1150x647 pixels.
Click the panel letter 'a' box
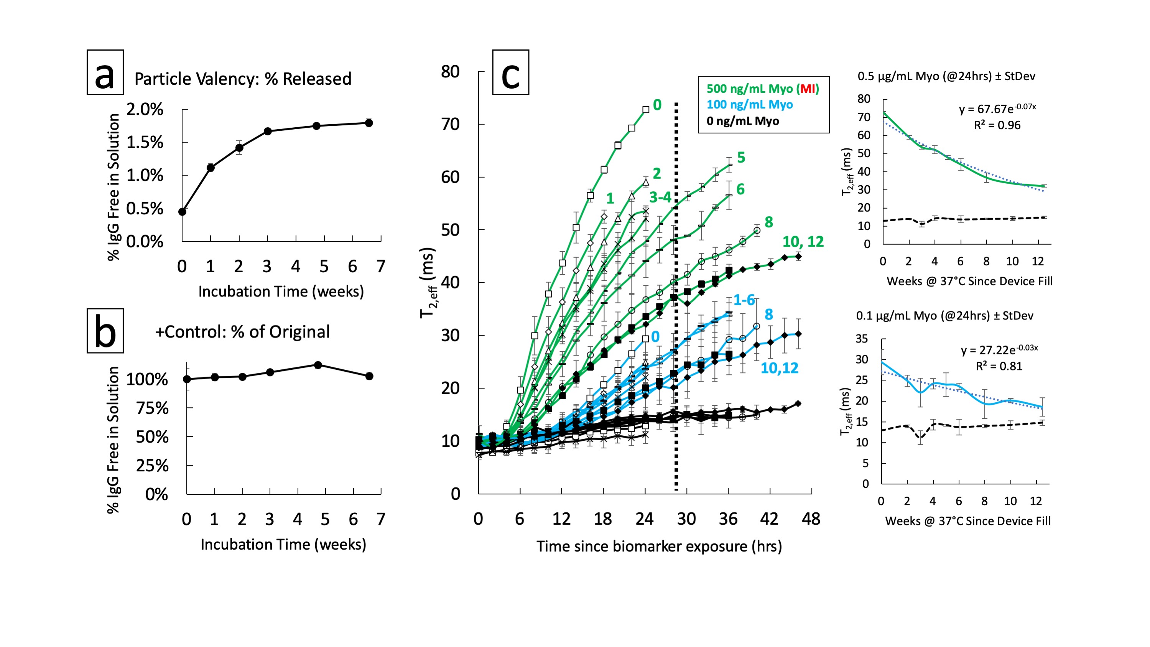coord(105,72)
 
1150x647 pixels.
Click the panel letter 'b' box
coord(105,331)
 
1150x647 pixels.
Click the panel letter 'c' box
coord(510,72)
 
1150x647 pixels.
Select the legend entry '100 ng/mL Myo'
coord(750,104)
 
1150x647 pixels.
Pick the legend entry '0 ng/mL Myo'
coord(742,121)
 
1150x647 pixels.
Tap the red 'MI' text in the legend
coord(808,89)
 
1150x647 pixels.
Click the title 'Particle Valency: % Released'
coord(243,79)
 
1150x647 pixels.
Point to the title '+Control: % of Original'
coord(242,332)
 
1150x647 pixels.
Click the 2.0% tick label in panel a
coord(145,109)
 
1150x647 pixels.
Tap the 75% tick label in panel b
coord(152,408)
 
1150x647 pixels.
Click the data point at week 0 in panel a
coord(182,212)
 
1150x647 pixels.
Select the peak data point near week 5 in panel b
coord(318,365)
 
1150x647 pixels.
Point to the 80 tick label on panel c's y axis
coord(450,71)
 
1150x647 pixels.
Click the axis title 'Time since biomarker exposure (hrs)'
coord(659,546)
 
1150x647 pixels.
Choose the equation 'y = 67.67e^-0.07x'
coord(997,109)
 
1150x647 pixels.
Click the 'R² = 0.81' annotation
coord(999,366)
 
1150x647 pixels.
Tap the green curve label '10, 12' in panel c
coord(803,242)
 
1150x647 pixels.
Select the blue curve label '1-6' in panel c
coord(744,300)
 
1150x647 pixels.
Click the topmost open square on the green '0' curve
coord(645,109)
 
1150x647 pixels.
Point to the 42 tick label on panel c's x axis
coord(769,519)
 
